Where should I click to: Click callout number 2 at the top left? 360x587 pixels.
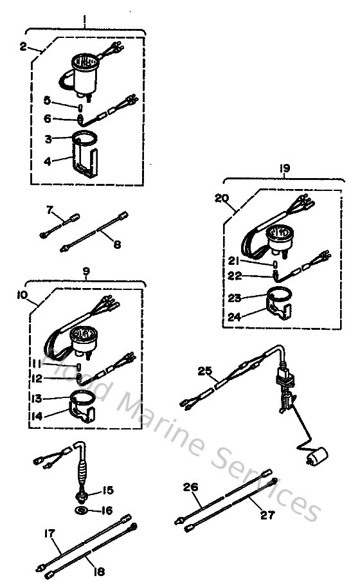click(x=24, y=46)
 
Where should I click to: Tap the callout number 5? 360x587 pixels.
click(x=64, y=100)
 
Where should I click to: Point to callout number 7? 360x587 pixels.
click(x=50, y=209)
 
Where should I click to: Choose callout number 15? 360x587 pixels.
click(x=107, y=491)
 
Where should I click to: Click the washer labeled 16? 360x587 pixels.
click(x=82, y=510)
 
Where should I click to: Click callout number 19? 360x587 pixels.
click(x=285, y=168)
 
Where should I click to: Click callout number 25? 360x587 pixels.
click(x=205, y=371)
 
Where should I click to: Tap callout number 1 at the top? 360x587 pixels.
click(x=85, y=20)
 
